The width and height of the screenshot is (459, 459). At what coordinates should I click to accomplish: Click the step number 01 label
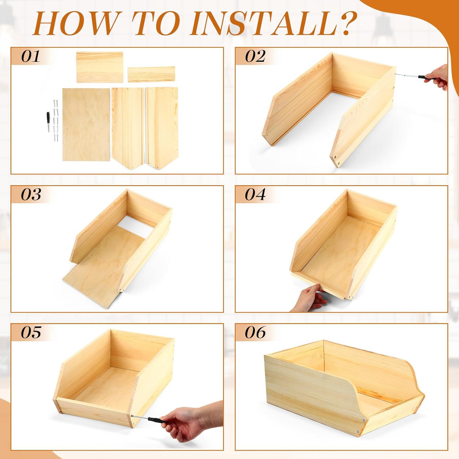31,56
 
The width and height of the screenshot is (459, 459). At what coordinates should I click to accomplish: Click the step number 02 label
255,56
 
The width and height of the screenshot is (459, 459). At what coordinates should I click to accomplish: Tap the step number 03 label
31,194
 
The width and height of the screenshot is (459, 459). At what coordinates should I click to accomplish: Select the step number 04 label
255,194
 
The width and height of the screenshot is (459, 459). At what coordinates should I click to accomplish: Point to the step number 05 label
31,332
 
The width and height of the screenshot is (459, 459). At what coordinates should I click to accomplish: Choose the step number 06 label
255,332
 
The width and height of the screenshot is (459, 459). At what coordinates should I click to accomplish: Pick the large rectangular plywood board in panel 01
86,125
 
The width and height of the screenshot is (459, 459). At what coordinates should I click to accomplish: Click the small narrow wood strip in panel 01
151,74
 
